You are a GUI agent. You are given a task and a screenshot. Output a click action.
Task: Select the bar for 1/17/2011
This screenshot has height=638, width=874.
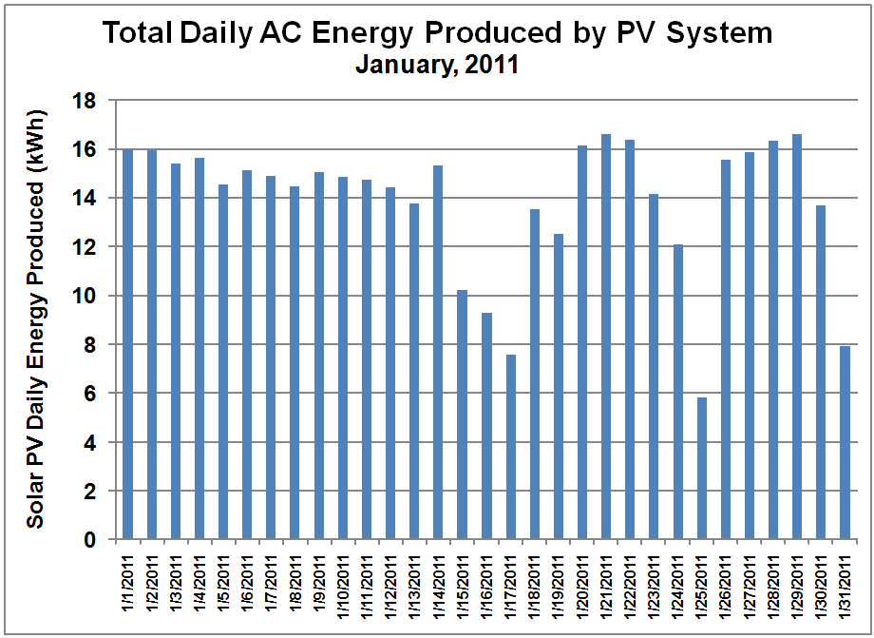tap(510, 447)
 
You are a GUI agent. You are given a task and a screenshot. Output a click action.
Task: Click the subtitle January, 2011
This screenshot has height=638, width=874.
tap(437, 66)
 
